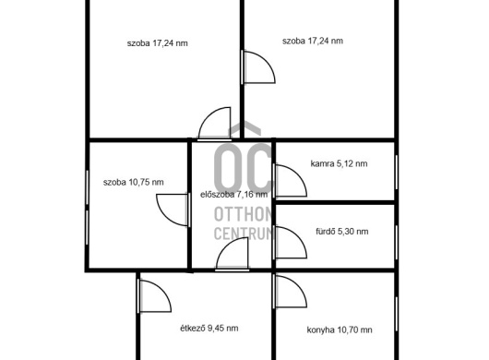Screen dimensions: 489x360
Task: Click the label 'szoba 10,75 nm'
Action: (x=134, y=182)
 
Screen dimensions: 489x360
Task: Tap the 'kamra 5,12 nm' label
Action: (x=339, y=163)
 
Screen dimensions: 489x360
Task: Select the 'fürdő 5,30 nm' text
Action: (x=342, y=232)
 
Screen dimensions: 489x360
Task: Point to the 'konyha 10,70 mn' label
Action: (x=340, y=330)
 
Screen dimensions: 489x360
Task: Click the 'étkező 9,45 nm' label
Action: (x=209, y=329)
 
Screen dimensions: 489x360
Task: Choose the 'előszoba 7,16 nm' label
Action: (x=234, y=195)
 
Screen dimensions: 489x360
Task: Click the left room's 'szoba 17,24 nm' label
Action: (x=158, y=43)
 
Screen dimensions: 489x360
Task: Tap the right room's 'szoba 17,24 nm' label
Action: (x=313, y=42)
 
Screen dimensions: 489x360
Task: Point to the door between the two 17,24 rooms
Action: (x=265, y=62)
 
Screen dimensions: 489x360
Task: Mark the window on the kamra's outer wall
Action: (x=397, y=173)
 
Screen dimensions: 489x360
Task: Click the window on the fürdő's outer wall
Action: (x=397, y=243)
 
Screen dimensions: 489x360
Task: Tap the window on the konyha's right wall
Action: (x=397, y=314)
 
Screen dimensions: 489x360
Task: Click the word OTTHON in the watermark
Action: (x=244, y=214)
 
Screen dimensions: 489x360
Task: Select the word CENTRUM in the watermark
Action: (x=244, y=233)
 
